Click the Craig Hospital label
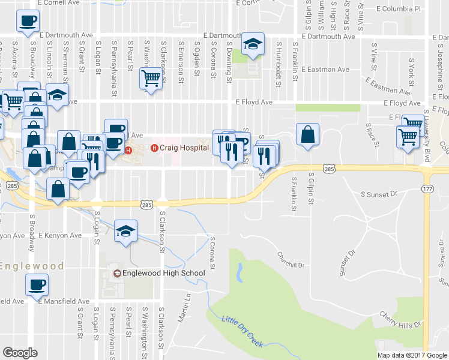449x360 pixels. click(x=184, y=148)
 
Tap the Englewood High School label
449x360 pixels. click(x=163, y=274)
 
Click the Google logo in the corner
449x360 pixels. click(x=20, y=353)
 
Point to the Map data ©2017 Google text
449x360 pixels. click(x=412, y=355)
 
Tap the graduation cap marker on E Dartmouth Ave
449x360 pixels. click(x=253, y=44)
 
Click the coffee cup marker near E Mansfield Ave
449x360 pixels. click(x=37, y=284)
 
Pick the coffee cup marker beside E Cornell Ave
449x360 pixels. click(x=27, y=22)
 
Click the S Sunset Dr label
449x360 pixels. click(x=379, y=194)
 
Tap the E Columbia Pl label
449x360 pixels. click(x=399, y=9)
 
